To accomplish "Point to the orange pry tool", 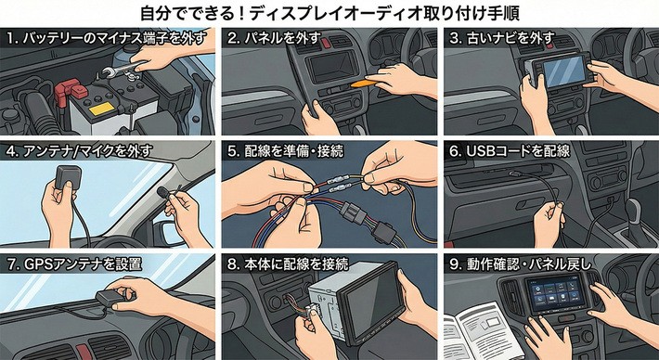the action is pos(366,83).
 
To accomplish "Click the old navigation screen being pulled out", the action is pos(563,71).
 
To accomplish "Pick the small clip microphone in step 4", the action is pos(162,192).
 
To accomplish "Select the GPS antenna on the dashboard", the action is pos(111,298).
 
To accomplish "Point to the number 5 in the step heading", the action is pos(231,152).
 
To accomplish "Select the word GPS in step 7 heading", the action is pos(32,264).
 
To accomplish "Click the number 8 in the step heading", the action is pos(231,264).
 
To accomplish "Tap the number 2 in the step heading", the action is pos(231,39).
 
